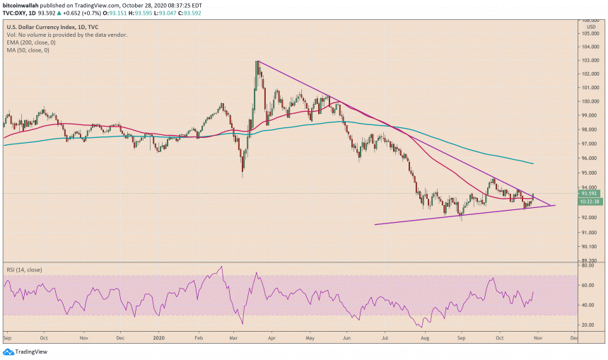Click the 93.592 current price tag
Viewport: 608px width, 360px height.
point(590,193)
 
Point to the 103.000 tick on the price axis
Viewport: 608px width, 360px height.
point(590,61)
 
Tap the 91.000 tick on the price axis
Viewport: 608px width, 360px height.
point(590,233)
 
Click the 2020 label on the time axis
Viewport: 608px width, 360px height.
point(158,338)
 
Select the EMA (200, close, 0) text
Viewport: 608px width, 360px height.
point(33,42)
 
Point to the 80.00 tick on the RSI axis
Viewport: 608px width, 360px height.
point(588,266)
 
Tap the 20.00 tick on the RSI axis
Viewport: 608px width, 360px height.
point(588,325)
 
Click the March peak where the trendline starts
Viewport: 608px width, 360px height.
point(258,62)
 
